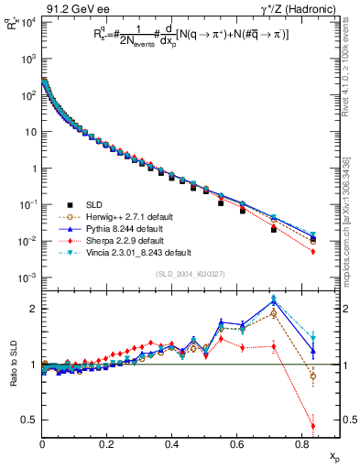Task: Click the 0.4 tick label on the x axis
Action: [172, 443]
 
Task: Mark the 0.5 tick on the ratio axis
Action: [30, 420]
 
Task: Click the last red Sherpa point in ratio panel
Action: [313, 426]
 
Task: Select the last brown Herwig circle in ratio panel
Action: [313, 376]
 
